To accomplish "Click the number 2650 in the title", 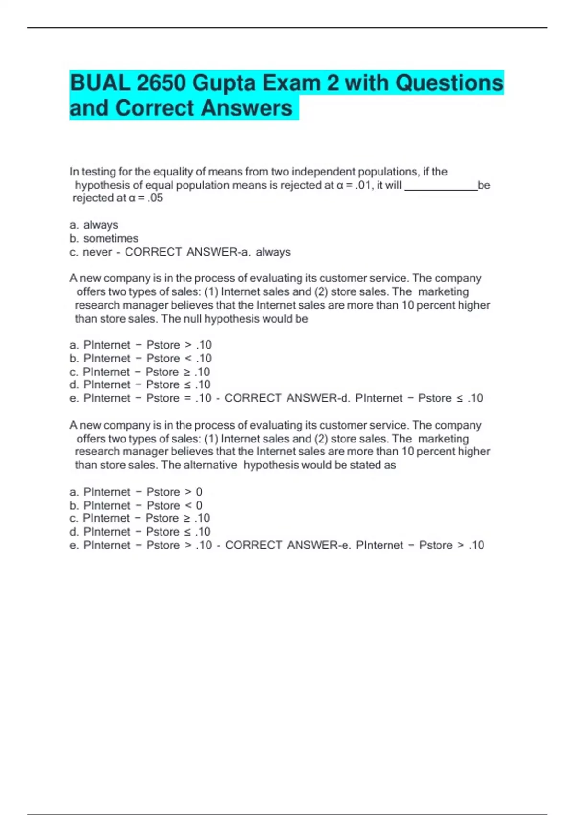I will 161,83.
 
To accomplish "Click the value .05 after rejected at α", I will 155,198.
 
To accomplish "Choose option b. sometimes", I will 104,238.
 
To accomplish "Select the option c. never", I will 90,252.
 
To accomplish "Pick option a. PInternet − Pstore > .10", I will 140,345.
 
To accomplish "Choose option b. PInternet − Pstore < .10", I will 140,358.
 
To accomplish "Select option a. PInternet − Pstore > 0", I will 136,492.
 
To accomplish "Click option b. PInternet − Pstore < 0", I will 136,505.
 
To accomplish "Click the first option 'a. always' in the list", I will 94,225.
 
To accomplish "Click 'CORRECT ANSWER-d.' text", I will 287,398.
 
